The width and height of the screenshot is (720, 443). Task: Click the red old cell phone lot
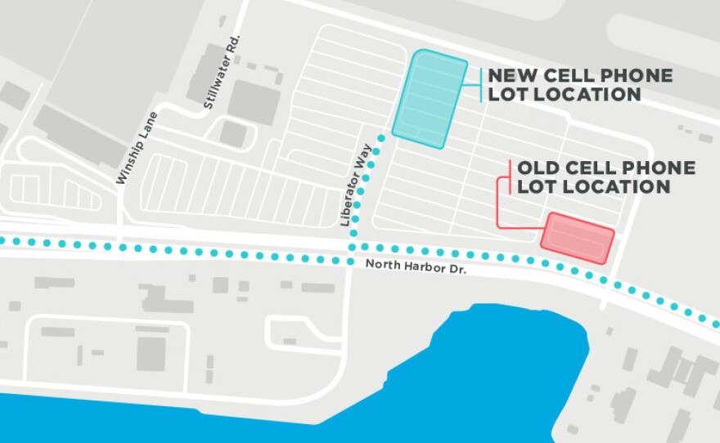click(578, 238)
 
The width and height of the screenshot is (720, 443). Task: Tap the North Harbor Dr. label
click(416, 265)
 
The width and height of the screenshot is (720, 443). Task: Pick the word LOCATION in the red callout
click(627, 187)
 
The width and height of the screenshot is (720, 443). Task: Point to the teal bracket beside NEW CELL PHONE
click(481, 85)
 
